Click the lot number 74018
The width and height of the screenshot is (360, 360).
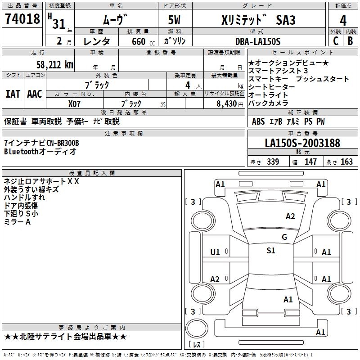[22, 19]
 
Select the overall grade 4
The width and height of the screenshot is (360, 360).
[343, 21]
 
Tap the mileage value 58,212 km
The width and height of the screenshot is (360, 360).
[55, 65]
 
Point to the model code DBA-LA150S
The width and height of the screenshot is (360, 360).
[258, 41]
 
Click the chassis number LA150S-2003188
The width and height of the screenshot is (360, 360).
[302, 143]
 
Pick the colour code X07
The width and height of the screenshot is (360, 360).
[74, 104]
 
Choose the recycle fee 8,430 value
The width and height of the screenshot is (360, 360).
[227, 104]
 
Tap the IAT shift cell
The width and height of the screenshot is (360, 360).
[13, 94]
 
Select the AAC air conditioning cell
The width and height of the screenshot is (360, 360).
[35, 94]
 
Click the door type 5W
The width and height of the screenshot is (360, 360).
[174, 20]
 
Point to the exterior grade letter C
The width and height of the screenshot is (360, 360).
[336, 41]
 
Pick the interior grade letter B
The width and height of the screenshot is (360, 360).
[351, 41]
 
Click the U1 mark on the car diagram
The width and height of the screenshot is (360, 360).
[215, 252]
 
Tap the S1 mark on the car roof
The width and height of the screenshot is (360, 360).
[271, 251]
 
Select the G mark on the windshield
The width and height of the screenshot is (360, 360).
[284, 237]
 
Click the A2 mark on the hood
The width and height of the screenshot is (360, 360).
[290, 216]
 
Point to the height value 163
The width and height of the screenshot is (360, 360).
[346, 162]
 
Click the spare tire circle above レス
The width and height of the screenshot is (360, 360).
[197, 328]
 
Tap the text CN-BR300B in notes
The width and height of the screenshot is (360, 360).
[63, 143]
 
